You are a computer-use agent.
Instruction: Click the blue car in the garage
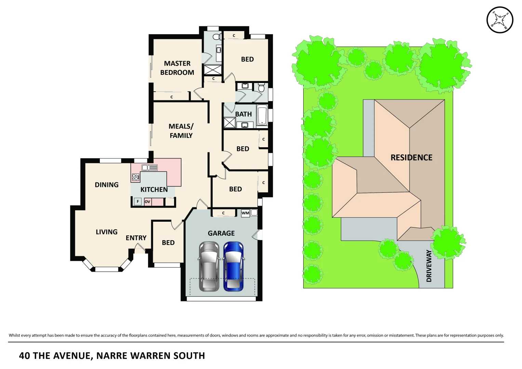(233, 266)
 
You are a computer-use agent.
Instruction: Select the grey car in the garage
(209, 266)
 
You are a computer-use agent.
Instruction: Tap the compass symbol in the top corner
(499, 20)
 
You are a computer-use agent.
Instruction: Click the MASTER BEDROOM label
(177, 68)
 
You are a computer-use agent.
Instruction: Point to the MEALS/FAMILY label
(181, 131)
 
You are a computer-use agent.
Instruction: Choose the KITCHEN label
(154, 190)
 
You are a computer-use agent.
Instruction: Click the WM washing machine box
(245, 213)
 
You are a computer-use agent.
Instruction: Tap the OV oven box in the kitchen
(147, 202)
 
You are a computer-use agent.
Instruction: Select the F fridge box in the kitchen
(138, 202)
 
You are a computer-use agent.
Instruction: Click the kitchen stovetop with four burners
(135, 177)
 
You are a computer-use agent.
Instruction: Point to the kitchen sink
(149, 167)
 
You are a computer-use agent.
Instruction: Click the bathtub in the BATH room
(262, 116)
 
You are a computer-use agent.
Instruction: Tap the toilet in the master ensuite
(216, 37)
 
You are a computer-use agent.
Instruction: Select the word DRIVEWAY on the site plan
(429, 266)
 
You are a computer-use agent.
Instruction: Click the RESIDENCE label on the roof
(411, 158)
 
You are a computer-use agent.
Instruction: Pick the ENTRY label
(136, 238)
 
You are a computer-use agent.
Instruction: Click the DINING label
(107, 185)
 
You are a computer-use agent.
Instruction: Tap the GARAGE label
(221, 233)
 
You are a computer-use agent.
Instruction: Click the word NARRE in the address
(112, 356)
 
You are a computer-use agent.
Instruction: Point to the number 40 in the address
(25, 356)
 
